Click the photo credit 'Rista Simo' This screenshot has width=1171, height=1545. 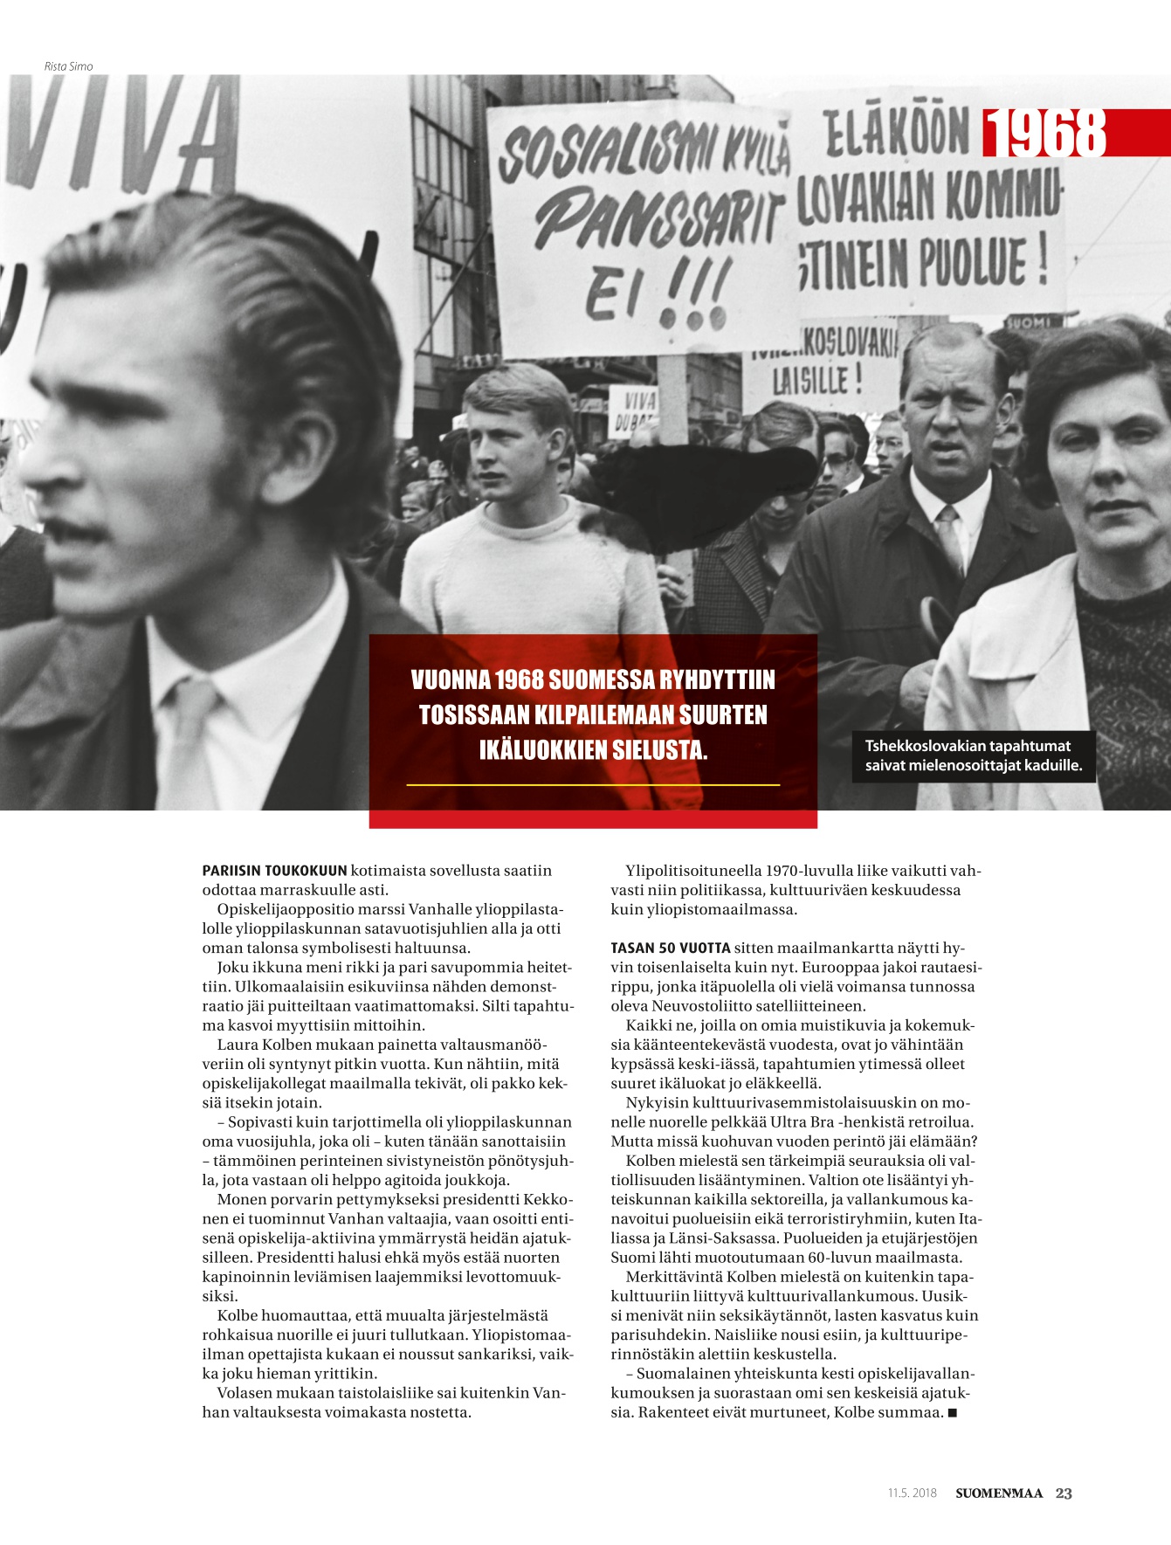[x=68, y=66]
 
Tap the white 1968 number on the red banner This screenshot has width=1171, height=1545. [x=1044, y=134]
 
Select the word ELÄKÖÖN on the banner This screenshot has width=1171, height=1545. [x=897, y=134]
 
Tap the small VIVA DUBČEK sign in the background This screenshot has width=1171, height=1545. [x=632, y=411]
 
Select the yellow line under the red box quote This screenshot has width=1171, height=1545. [x=593, y=785]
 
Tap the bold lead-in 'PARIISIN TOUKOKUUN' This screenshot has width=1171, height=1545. [x=274, y=871]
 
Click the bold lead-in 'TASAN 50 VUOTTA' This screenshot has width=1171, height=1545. [x=670, y=948]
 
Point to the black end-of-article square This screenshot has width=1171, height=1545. [x=953, y=1412]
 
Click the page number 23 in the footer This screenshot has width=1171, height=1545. [x=1064, y=1493]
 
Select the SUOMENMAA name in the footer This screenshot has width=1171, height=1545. [x=999, y=1493]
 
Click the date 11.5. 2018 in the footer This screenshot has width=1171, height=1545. [x=912, y=1493]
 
